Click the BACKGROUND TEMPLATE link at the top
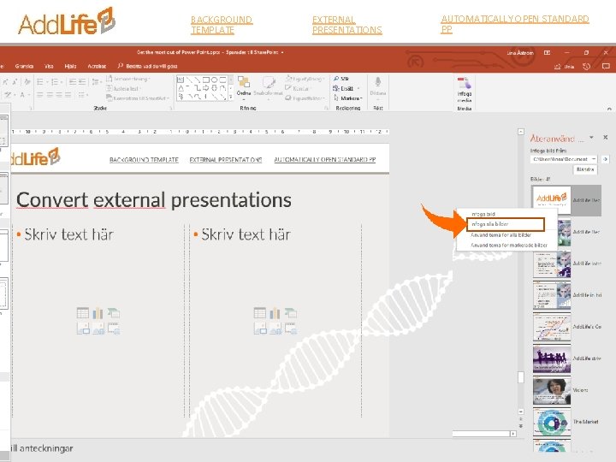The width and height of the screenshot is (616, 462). click(x=222, y=24)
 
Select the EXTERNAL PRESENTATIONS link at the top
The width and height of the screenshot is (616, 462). click(x=346, y=24)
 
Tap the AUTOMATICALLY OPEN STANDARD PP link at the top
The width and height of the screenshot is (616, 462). click(x=514, y=23)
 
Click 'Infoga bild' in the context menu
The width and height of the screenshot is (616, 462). click(x=483, y=214)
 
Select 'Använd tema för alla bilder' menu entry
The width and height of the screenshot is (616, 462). click(x=501, y=234)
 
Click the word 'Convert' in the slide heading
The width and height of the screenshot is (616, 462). click(x=52, y=200)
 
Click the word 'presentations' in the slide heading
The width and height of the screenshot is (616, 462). click(x=231, y=200)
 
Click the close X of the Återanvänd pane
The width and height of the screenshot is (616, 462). click(x=605, y=137)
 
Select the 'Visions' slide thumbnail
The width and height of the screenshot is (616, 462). click(x=552, y=390)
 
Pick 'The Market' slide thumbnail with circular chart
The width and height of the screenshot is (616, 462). click(x=552, y=422)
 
